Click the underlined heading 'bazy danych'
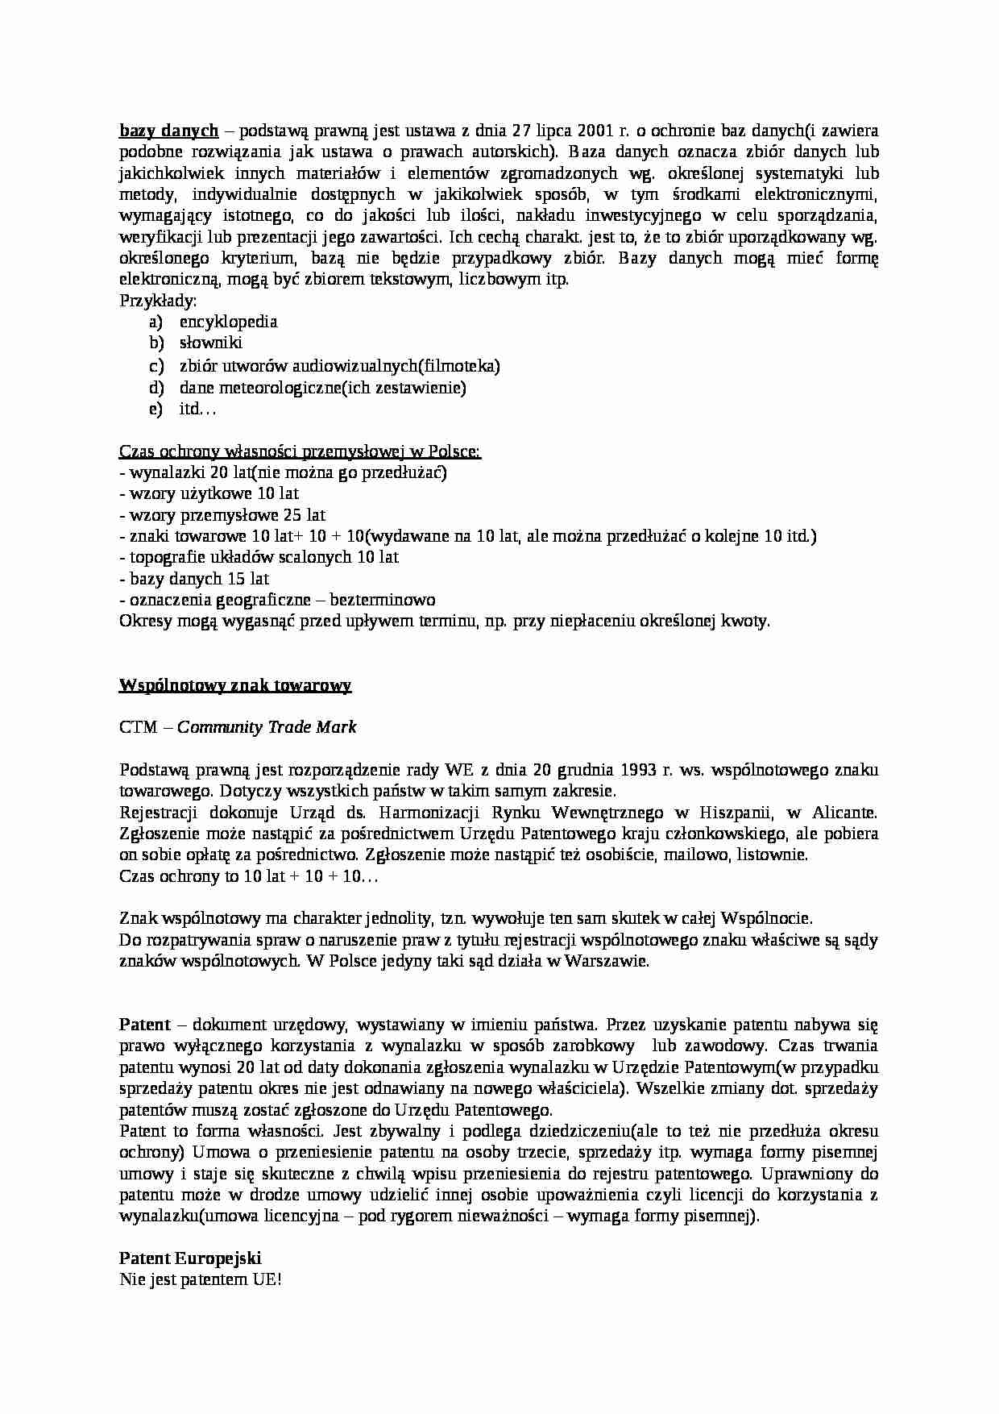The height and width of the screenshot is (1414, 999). click(x=169, y=130)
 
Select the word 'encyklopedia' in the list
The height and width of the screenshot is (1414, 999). click(x=229, y=322)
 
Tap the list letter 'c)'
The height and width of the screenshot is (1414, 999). click(x=156, y=366)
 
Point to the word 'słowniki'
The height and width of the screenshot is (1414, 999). click(x=211, y=343)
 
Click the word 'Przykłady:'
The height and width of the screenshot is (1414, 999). click(x=158, y=301)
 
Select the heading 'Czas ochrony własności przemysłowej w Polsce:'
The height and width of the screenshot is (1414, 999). click(x=300, y=451)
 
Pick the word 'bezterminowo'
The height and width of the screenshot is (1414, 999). click(x=383, y=600)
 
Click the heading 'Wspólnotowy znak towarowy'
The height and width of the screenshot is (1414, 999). click(x=235, y=685)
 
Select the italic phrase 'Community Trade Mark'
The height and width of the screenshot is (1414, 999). click(x=267, y=727)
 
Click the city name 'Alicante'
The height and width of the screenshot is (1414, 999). click(x=845, y=812)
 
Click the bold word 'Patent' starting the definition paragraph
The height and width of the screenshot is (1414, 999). click(x=145, y=1025)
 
